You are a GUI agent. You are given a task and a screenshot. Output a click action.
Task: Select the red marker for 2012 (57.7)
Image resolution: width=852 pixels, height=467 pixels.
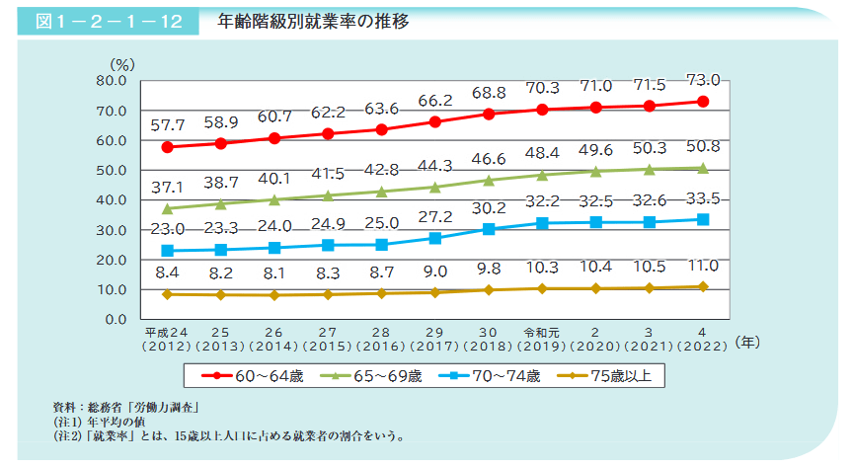168,147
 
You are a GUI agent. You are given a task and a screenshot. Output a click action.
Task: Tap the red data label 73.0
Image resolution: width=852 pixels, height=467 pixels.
702,80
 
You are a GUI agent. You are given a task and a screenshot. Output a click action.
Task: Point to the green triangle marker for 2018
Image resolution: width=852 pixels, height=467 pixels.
488,180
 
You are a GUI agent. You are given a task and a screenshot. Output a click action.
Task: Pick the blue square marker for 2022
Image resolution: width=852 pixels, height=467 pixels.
702,219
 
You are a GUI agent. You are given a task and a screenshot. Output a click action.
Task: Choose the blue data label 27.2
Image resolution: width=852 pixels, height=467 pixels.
434,216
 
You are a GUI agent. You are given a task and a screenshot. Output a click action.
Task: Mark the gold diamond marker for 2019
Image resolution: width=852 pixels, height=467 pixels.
542,288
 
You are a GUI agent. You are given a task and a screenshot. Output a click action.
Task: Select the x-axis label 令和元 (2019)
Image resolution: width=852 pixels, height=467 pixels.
542,332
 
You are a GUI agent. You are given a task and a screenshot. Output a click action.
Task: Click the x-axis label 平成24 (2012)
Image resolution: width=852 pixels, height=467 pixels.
167,332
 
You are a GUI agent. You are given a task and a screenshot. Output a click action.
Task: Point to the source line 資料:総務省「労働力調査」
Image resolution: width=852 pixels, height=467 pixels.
126,407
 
